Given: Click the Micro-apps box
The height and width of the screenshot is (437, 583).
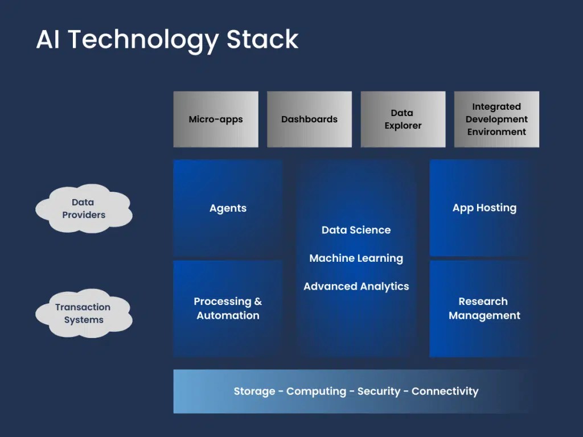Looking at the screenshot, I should click(x=216, y=119).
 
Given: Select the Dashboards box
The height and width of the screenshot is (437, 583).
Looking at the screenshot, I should click(x=309, y=119).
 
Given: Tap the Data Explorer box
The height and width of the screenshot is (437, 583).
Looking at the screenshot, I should click(x=403, y=119).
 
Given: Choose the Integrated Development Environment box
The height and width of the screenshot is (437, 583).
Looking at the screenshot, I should click(x=496, y=119).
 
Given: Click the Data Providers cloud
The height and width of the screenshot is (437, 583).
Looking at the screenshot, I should click(x=84, y=208).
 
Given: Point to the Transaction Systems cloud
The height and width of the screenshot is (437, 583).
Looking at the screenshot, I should click(x=83, y=313).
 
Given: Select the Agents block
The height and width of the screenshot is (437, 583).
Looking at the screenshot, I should click(x=228, y=208).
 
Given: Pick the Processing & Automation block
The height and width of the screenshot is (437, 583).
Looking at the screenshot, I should click(x=228, y=308).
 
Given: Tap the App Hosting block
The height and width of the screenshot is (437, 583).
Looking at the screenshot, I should click(x=485, y=208).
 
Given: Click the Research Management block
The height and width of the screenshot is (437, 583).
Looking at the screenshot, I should click(x=485, y=308).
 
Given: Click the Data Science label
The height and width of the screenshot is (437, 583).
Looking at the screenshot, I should click(x=356, y=230).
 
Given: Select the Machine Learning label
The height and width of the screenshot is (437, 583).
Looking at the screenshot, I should click(x=356, y=258).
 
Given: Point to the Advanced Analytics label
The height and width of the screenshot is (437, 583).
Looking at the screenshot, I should click(x=356, y=286).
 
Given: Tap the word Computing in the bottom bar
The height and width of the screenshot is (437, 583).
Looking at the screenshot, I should click(x=316, y=391).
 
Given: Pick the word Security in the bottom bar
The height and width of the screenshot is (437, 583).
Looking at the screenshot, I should click(x=379, y=391).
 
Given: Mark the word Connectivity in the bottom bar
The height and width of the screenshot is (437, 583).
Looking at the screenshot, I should click(x=445, y=391).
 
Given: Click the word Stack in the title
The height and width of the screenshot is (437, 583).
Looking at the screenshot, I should click(x=262, y=40).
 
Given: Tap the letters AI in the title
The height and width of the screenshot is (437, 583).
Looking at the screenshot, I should click(x=49, y=40).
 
